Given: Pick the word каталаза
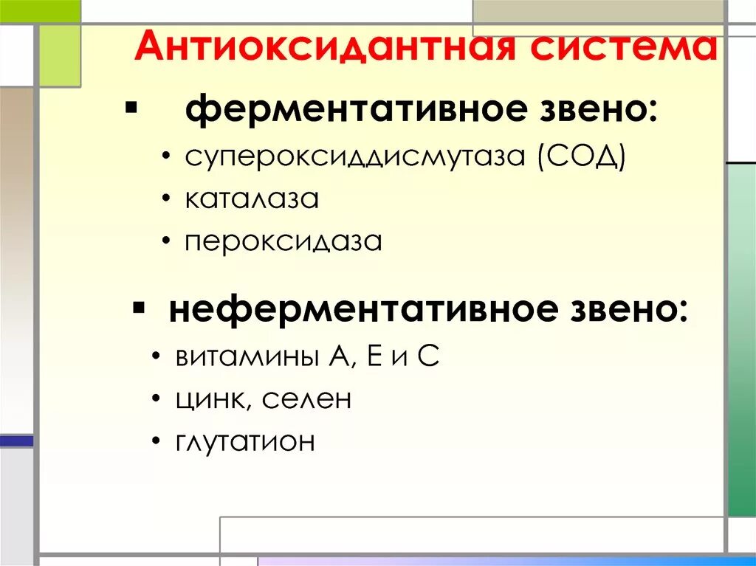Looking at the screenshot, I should click(x=252, y=199).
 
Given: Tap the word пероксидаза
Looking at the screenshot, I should click(x=283, y=242).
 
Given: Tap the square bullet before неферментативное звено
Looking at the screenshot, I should click(x=138, y=306).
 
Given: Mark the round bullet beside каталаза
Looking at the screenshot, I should click(x=169, y=201).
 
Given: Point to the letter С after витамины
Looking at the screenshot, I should click(x=429, y=357).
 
